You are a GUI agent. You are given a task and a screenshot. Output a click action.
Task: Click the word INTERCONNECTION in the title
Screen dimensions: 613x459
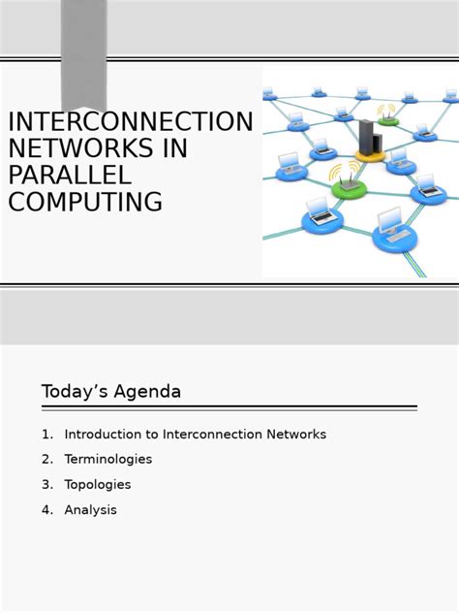click(x=130, y=122)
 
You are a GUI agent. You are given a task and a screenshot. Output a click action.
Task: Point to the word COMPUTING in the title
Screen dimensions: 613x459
click(x=85, y=202)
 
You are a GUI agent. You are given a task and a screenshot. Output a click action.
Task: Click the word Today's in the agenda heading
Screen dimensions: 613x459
click(x=75, y=392)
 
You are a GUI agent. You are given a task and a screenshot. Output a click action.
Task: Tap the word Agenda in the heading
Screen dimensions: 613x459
click(x=147, y=392)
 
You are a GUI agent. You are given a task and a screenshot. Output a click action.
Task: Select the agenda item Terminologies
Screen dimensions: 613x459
click(x=108, y=460)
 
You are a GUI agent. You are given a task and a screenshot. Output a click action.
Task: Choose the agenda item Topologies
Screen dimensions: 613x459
click(x=98, y=485)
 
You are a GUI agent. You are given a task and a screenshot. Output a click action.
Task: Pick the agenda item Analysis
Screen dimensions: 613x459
click(x=90, y=510)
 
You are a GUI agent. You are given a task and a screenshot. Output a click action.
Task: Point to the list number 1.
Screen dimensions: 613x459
click(x=46, y=435)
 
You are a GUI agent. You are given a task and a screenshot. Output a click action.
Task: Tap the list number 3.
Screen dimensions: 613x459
click(x=46, y=485)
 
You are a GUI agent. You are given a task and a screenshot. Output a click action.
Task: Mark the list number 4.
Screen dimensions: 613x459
click(x=46, y=510)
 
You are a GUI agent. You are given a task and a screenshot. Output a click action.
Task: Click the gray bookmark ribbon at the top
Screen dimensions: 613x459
click(x=84, y=53)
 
